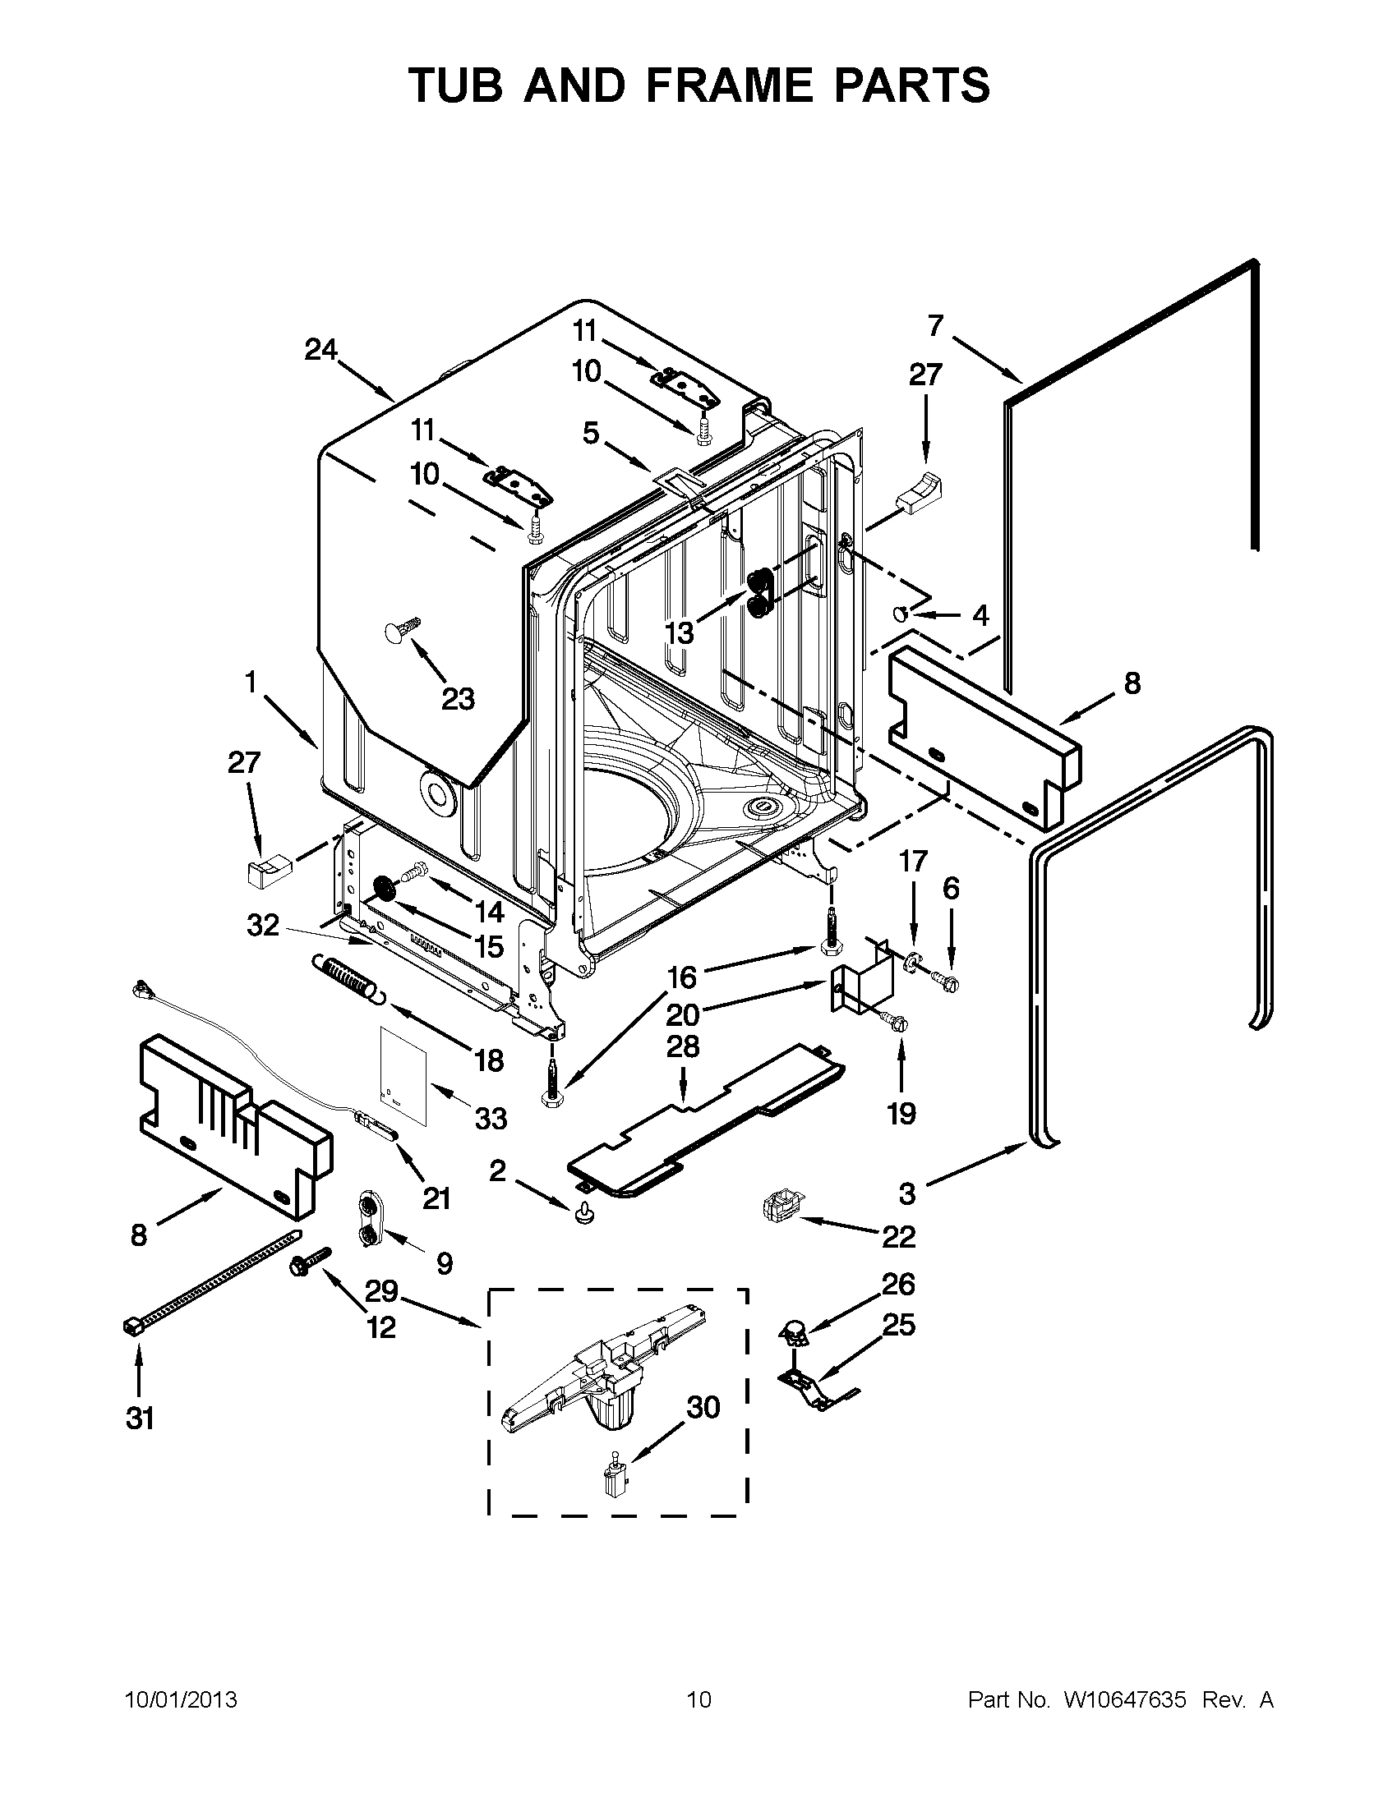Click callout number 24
320,350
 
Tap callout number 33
491,1119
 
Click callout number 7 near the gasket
935,326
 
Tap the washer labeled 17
913,961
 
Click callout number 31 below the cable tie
140,1418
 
